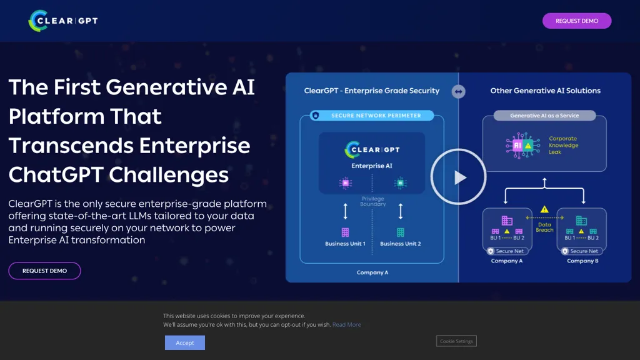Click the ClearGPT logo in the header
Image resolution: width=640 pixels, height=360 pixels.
point(63,21)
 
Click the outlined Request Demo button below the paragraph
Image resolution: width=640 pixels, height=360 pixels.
point(44,271)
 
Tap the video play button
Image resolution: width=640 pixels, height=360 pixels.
point(459,177)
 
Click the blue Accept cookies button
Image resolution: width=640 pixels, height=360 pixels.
point(184,342)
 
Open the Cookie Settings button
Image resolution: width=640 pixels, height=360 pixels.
point(456,341)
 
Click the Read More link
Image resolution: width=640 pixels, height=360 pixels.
point(346,324)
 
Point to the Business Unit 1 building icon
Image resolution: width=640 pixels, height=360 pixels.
point(345,232)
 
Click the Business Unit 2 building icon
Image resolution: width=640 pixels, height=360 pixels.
point(400,232)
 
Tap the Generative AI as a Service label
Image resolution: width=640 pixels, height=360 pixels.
point(544,116)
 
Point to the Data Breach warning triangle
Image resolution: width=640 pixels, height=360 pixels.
point(544,209)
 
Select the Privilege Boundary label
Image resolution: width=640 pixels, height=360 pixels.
point(373,201)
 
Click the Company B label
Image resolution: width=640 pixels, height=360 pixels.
point(582,261)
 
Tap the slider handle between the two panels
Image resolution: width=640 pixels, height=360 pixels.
point(459,92)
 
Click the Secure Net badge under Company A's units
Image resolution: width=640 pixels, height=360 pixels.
point(506,251)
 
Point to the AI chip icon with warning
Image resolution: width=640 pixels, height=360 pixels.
point(518,145)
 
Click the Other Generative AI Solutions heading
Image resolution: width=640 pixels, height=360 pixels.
point(545,91)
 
